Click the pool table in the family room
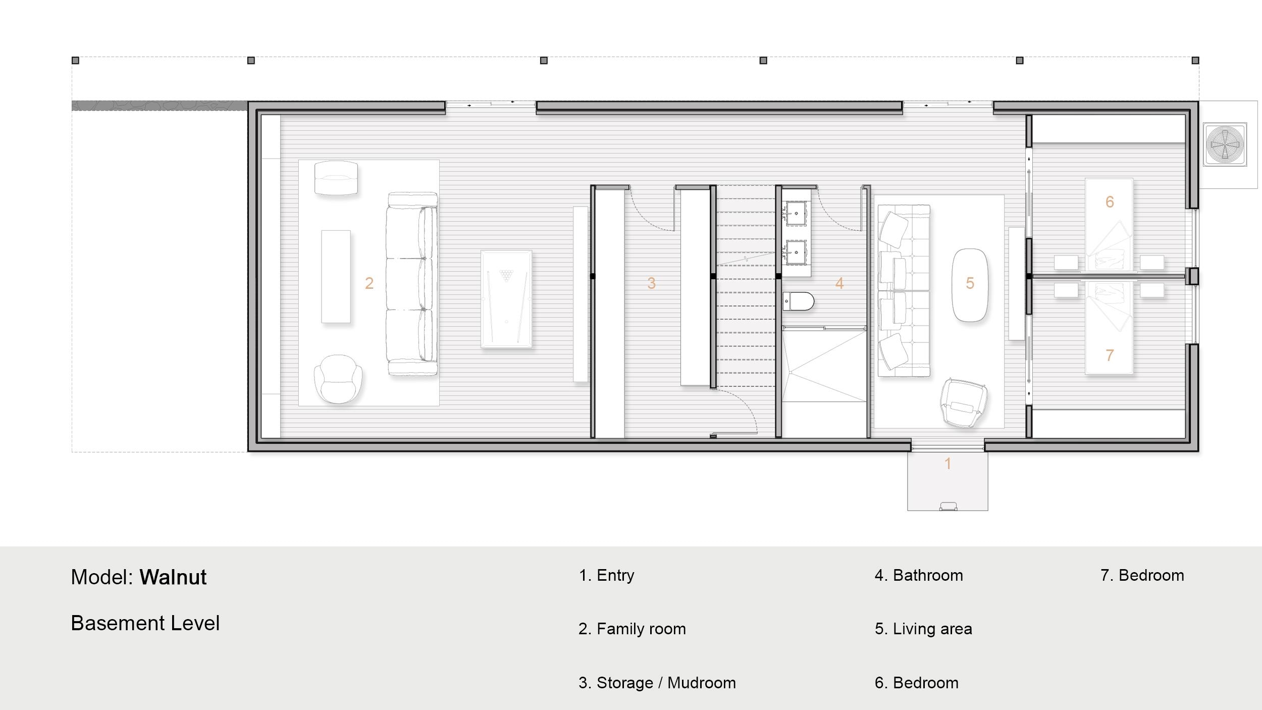506,299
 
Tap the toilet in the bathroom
799,301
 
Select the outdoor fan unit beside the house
1225,144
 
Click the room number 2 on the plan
369,283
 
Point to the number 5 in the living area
970,283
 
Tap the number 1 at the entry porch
948,464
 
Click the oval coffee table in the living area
970,285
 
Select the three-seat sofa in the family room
412,284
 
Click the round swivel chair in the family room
338,379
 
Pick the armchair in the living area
963,402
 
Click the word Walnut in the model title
173,577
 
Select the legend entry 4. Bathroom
919,575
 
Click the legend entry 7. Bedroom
1142,575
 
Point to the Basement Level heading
145,623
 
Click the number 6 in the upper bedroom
1110,202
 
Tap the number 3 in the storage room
651,283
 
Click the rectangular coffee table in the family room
336,277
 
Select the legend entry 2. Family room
632,629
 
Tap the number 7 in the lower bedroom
1110,356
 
